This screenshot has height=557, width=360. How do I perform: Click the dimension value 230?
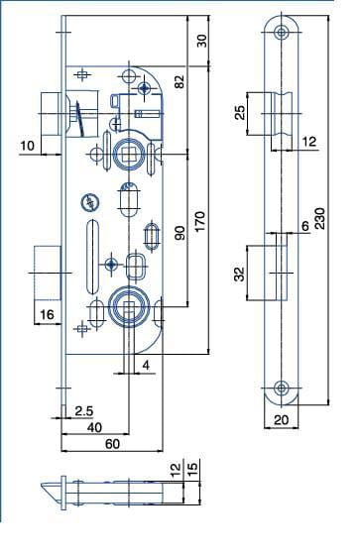click(x=319, y=218)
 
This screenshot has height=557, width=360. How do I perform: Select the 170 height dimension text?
click(x=199, y=221)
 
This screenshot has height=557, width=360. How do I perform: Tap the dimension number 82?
click(x=180, y=81)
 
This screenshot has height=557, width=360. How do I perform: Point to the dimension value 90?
click(x=180, y=233)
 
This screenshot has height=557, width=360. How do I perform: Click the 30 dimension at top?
click(x=201, y=41)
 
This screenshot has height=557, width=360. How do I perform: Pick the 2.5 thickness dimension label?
click(x=84, y=411)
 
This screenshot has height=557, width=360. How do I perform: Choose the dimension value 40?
click(x=94, y=427)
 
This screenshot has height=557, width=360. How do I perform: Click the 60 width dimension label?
click(x=113, y=444)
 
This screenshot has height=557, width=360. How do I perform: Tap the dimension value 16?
click(x=47, y=314)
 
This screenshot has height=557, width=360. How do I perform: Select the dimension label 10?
click(x=27, y=146)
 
